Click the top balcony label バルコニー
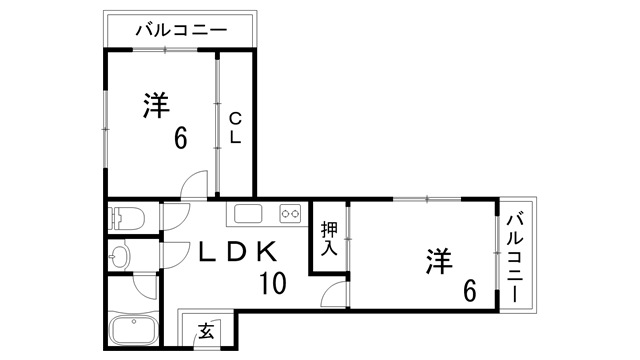coord(182,29)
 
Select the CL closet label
coord(235,129)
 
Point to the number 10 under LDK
coord(272,283)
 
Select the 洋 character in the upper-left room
coord(155,106)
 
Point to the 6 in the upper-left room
coord(180,138)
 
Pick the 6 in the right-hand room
coord(468,292)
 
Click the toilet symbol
coord(127,216)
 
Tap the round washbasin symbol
coord(120,256)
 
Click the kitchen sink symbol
coord(248,213)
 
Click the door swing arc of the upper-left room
coord(194,185)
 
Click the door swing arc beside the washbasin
coord(173,256)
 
